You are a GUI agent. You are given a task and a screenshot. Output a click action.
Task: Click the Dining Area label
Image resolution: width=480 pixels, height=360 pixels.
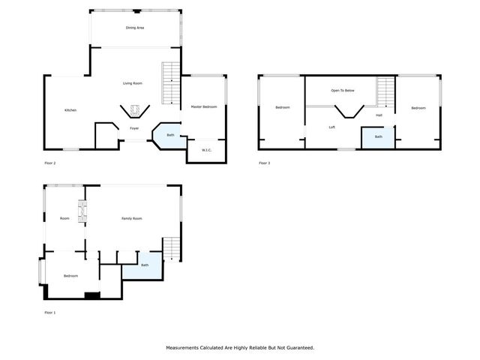coord(135,28)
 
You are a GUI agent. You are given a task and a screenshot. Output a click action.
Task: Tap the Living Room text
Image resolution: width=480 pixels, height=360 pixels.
coord(133,83)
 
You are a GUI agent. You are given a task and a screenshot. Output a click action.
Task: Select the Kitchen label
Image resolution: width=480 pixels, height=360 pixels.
coord(70,110)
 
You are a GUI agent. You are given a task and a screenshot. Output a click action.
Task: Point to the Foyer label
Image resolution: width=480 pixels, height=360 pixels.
coord(134,128)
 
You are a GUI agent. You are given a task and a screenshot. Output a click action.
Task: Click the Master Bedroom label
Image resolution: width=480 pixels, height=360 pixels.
coord(203,107)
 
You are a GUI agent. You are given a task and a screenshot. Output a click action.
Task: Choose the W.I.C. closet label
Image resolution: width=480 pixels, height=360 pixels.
coord(206,151)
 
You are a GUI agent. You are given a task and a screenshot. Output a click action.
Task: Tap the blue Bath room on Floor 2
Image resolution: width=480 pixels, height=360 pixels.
coord(169,136)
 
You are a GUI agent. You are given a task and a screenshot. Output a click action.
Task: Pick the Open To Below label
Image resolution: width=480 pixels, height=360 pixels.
coord(343,91)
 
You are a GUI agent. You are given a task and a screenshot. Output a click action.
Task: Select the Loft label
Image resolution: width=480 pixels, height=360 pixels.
coord(331,127)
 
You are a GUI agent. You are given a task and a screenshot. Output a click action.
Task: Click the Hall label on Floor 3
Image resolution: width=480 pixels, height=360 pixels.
coord(379,115)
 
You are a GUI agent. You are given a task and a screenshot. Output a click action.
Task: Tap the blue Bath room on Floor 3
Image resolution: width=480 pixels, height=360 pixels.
coord(378,138)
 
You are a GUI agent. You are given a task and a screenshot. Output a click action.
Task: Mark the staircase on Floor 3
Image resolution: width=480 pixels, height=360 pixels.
coord(385,93)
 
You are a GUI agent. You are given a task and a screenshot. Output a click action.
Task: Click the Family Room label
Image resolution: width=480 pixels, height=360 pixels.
coord(132,218)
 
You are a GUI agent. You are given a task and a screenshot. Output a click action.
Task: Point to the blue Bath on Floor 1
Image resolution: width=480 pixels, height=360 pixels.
coord(142,266)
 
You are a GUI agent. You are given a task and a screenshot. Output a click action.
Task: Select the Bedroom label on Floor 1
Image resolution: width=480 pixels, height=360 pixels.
coord(70,276)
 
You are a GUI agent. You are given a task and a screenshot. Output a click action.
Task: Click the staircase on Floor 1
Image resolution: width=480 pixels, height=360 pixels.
coord(172,249)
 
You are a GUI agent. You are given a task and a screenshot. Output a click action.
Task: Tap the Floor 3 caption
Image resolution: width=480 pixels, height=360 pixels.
coord(264,163)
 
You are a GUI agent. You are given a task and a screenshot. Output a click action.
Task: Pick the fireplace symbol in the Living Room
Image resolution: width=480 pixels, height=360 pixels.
coord(135,111)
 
